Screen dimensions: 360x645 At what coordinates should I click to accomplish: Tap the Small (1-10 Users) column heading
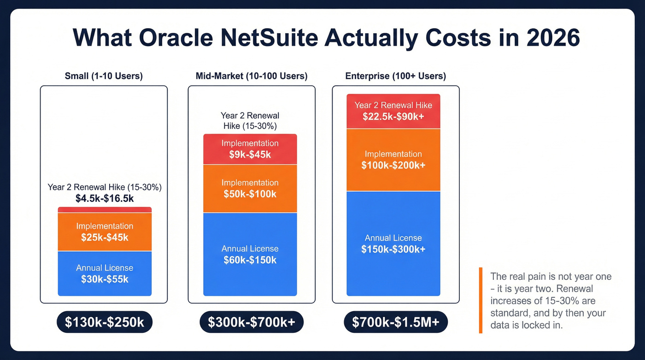point(104,76)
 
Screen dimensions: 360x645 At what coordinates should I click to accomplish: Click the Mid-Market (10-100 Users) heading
point(251,76)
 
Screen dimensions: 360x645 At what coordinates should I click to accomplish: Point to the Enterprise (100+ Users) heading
point(395,76)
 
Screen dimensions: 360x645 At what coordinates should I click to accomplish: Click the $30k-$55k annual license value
point(105,279)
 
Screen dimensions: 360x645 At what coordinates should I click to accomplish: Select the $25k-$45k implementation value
point(105,237)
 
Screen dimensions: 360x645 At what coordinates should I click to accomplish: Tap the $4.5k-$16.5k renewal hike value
point(105,199)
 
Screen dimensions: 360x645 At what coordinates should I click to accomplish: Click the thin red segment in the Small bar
point(105,210)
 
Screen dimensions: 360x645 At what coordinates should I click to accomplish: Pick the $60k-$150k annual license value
point(250,260)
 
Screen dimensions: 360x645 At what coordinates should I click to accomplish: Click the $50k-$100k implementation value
point(250,194)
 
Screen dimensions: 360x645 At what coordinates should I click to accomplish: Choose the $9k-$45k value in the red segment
point(250,155)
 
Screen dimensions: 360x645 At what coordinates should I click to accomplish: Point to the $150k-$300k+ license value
point(393,249)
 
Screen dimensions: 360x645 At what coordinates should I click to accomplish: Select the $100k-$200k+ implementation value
point(393,165)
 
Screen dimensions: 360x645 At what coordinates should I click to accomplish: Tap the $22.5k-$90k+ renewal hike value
point(393,117)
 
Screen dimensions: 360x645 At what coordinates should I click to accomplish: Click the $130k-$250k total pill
point(105,323)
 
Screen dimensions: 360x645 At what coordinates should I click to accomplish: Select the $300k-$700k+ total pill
point(251,323)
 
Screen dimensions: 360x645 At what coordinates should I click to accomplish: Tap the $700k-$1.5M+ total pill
point(395,323)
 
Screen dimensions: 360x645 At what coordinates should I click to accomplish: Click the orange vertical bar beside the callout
point(481,300)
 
